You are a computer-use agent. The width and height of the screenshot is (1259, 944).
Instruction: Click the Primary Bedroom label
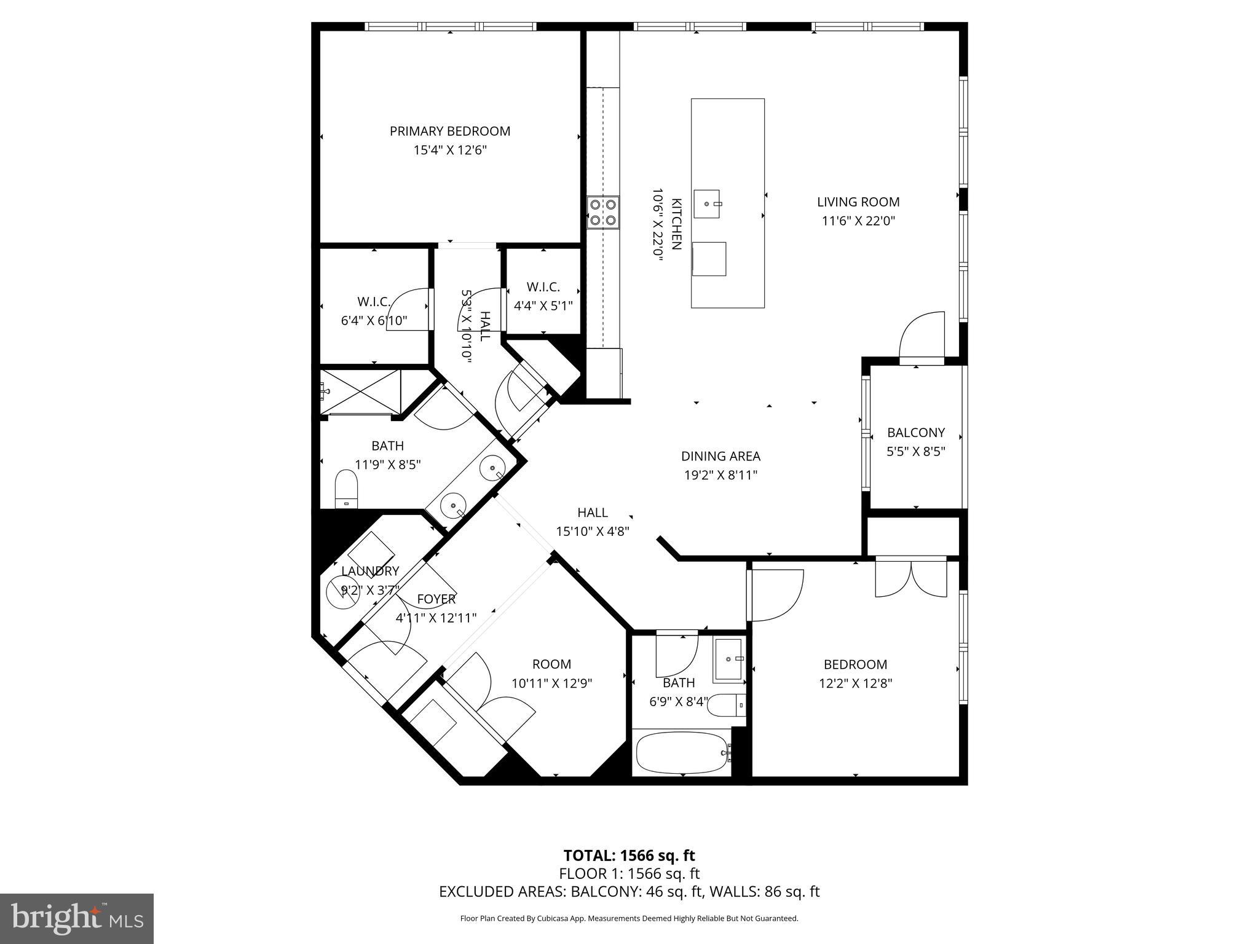tap(449, 131)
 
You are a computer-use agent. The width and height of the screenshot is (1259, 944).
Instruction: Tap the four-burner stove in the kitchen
tap(602, 213)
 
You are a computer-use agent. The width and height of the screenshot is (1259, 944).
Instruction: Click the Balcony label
tap(915, 433)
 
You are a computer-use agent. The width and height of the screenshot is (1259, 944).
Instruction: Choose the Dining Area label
tap(720, 457)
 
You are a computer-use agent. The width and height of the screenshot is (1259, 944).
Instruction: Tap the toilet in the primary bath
tap(347, 489)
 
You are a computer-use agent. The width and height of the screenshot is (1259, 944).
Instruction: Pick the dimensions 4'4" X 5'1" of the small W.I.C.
tap(543, 305)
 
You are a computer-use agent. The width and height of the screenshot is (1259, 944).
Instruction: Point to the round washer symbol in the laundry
tap(342, 594)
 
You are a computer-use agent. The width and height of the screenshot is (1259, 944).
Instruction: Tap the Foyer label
tap(436, 599)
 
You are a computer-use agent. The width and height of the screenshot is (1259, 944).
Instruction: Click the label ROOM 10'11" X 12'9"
tap(551, 674)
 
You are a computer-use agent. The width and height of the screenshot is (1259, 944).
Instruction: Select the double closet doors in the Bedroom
tap(911, 578)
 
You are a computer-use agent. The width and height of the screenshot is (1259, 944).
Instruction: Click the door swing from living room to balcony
tap(922, 336)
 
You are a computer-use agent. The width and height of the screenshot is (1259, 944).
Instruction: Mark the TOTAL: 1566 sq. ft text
tap(629, 855)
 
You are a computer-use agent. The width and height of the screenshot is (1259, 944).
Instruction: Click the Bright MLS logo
tap(76, 918)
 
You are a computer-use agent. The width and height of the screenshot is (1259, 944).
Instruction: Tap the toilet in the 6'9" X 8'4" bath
tap(727, 705)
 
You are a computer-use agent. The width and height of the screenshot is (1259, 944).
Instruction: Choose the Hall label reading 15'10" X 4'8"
tap(593, 522)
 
